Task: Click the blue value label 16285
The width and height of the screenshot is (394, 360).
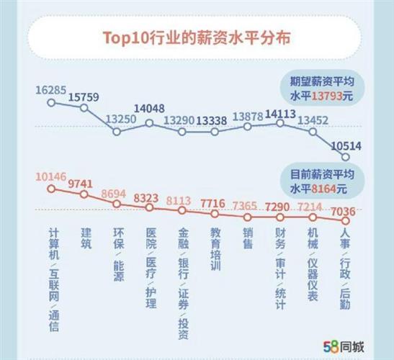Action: [x=51, y=92]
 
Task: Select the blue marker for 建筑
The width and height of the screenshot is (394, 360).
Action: [x=84, y=109]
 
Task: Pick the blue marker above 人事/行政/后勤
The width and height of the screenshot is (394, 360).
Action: [x=346, y=157]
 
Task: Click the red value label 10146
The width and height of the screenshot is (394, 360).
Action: [x=50, y=175]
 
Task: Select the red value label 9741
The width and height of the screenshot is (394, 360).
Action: [x=85, y=184]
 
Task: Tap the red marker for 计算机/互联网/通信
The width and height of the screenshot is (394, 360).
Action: [x=51, y=189]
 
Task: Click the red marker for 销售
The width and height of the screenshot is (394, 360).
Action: [x=248, y=216]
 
